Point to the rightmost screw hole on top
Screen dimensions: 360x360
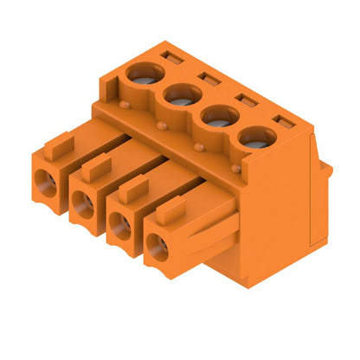pos(254,137)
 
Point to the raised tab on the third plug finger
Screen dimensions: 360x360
pos(135,186)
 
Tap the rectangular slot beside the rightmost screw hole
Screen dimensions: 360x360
pos(281,120)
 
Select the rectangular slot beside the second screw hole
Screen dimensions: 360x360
pos(209,78)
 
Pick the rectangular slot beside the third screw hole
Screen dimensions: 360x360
pos(245,99)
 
